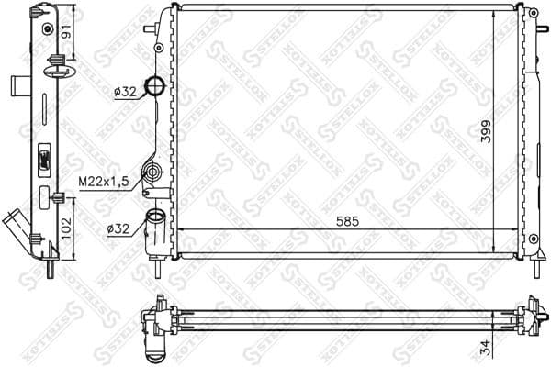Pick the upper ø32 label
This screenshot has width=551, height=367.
126,91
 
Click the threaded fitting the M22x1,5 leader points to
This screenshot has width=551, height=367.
153,172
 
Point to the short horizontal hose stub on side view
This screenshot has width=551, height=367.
20,86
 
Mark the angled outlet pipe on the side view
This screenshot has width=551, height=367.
18,225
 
